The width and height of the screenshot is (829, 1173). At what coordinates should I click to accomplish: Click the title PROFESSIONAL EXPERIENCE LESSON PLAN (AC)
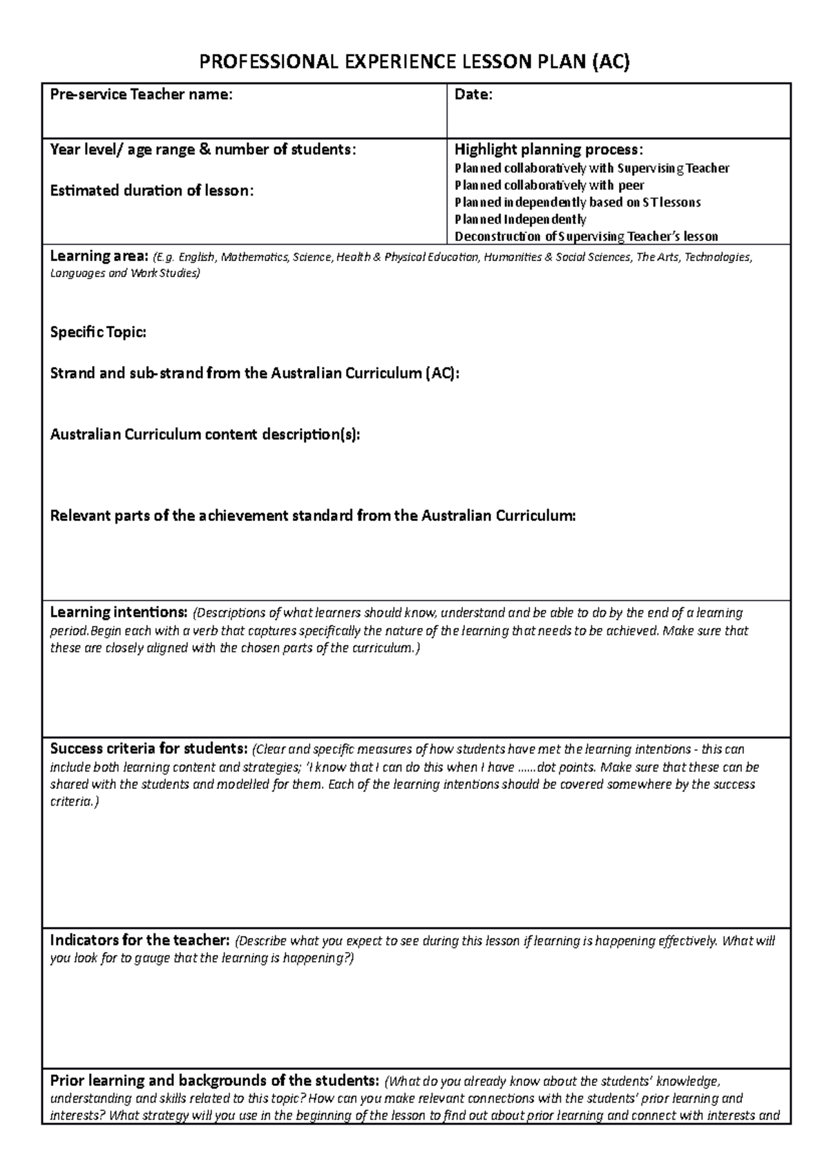click(x=414, y=64)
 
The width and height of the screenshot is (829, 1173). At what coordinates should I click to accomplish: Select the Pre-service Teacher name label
click(x=141, y=95)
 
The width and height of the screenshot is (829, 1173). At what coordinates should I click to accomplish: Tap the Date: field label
click(x=473, y=95)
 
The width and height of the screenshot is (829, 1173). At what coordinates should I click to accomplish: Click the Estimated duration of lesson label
click(x=152, y=191)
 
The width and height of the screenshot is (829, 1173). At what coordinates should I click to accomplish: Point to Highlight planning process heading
click(x=549, y=150)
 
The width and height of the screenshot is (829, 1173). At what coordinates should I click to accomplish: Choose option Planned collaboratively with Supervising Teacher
click(x=591, y=169)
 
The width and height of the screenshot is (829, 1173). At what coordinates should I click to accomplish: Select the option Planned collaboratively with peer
click(x=549, y=185)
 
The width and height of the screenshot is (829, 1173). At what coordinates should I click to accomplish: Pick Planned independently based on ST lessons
click(x=578, y=202)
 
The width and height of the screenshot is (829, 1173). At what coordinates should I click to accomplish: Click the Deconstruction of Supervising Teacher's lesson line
click(x=586, y=237)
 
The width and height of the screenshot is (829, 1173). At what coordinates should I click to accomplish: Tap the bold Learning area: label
click(x=99, y=257)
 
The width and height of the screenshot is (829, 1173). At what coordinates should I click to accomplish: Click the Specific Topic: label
click(x=98, y=332)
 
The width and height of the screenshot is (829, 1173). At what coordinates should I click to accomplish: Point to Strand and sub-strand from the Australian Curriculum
click(x=254, y=374)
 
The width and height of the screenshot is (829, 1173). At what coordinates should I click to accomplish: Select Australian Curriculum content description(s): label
click(x=205, y=435)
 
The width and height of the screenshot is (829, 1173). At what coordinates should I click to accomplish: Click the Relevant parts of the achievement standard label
click(x=312, y=516)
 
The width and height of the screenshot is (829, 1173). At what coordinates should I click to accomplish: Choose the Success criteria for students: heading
click(x=148, y=750)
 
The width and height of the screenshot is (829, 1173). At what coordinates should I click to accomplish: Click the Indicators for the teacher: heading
click(x=140, y=941)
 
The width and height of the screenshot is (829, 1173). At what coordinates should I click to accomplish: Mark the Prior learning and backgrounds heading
click(x=214, y=1081)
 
